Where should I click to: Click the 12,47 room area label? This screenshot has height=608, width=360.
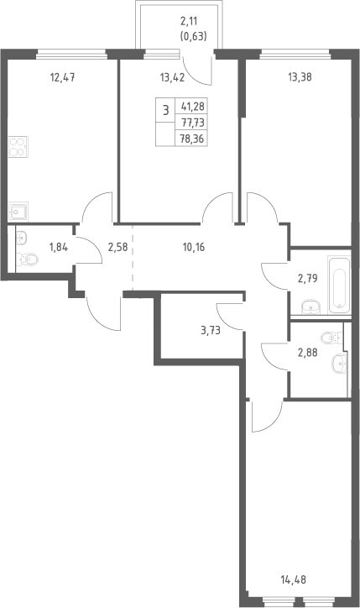pos(62,77)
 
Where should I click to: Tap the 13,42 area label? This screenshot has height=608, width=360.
pos(172,77)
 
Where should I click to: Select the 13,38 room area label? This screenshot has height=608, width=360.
pos(300,77)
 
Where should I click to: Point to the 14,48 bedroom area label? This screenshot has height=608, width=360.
pos(293,580)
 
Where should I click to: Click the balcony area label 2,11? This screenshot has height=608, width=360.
pos(189,21)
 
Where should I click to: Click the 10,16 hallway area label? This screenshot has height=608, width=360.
pos(194,247)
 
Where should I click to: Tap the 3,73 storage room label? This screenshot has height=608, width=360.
pos(211,330)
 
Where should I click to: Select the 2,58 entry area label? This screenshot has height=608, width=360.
pos(117,247)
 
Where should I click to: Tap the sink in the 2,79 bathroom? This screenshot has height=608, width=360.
pos(311,307)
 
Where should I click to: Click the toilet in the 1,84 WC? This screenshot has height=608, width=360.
pos(28,258)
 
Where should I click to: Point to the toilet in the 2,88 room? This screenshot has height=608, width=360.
pos(331,337)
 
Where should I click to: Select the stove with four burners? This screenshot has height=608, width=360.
pos(18,147)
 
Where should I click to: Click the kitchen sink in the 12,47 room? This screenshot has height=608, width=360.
pos(18,212)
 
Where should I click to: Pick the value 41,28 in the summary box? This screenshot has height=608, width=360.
pos(193,106)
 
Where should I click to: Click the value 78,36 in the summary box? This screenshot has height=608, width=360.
pos(193,139)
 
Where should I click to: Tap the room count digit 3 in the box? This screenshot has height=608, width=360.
pos(166,111)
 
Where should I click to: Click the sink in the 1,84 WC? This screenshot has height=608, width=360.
pos(22,237)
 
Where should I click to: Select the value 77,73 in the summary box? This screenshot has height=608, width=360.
pos(193,123)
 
